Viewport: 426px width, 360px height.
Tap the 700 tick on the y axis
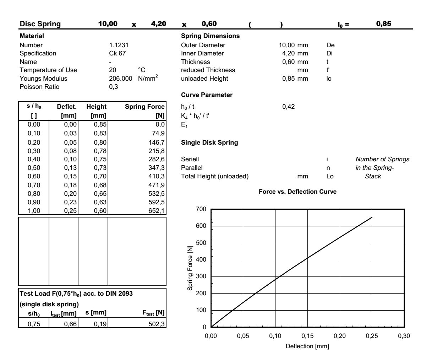[201, 209]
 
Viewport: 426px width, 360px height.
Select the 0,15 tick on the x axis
[307, 336]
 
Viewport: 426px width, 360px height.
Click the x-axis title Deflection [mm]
[307, 346]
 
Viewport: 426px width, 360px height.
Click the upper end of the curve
[372, 217]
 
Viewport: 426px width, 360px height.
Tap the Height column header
[96, 107]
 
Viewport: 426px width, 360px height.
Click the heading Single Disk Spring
[209, 143]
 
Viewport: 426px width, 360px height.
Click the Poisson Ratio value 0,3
[113, 87]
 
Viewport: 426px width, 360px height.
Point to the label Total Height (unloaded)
[214, 176]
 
